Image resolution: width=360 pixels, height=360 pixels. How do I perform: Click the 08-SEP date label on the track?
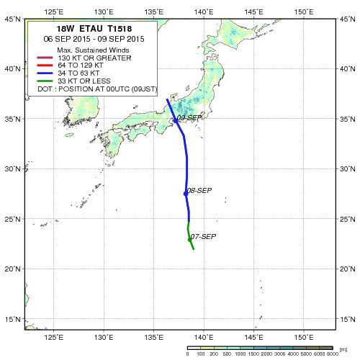click(x=199, y=191)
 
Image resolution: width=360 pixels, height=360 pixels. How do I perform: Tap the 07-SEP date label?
click(x=203, y=237)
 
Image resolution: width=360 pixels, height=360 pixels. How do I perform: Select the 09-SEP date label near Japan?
click(x=189, y=118)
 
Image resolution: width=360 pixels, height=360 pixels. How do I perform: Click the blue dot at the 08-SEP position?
click(x=186, y=194)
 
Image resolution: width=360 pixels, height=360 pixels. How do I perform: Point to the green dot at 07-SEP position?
click(x=189, y=240)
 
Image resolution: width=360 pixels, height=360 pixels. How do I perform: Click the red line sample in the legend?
click(x=45, y=66)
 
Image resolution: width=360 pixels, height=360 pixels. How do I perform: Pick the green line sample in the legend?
click(x=45, y=81)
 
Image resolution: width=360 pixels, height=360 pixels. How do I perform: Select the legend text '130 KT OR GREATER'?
click(x=94, y=58)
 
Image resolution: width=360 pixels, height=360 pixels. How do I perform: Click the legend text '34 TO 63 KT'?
click(x=78, y=73)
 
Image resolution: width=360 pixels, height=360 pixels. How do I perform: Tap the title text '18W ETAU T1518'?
click(x=94, y=29)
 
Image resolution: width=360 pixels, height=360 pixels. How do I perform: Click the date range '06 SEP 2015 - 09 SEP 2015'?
click(x=94, y=39)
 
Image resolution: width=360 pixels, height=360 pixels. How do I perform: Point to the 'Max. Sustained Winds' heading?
click(x=93, y=50)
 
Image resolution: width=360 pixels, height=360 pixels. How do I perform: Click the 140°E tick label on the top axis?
click(x=204, y=12)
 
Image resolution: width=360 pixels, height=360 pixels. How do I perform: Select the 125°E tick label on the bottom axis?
click(x=54, y=338)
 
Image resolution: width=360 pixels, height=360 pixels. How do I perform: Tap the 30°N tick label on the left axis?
click(x=12, y=168)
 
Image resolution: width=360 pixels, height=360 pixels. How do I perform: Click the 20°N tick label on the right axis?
click(x=347, y=269)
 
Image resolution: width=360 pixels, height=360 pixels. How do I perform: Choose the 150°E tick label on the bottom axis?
click(x=304, y=338)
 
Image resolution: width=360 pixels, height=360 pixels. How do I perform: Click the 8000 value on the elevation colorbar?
click(x=333, y=354)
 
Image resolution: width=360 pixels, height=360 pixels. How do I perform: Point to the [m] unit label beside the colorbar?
click(x=343, y=350)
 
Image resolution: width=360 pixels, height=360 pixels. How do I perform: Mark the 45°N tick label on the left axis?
click(x=12, y=19)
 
